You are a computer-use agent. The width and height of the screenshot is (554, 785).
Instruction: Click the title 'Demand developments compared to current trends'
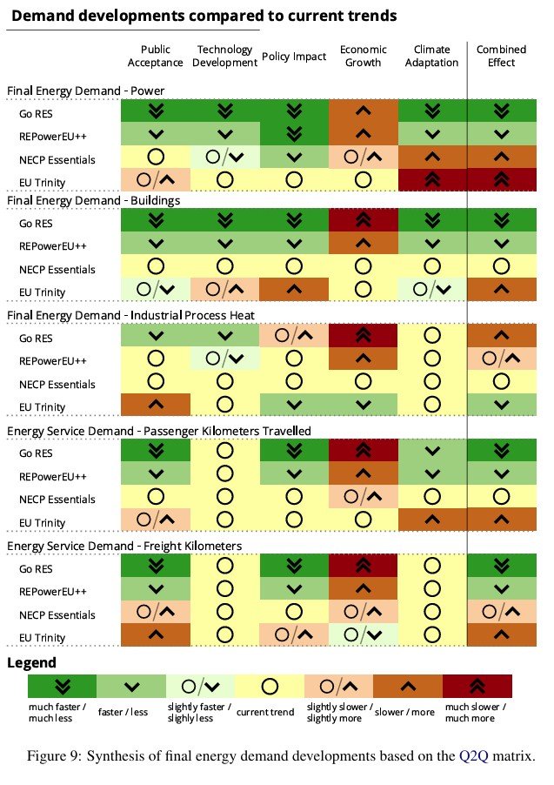204,16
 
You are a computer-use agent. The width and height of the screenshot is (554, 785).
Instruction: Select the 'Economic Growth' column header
364,56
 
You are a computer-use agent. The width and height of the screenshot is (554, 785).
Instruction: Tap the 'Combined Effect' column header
501,56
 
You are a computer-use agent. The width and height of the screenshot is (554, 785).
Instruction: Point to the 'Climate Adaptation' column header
433,56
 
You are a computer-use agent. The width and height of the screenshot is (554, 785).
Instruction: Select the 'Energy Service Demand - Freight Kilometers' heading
124,546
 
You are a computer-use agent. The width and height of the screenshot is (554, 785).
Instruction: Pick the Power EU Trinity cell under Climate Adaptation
433,182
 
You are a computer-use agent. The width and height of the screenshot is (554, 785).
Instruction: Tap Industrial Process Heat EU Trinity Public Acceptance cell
156,406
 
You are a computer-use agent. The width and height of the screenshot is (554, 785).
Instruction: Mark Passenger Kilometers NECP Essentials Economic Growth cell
364,500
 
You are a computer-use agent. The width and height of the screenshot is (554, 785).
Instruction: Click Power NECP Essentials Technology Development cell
225,159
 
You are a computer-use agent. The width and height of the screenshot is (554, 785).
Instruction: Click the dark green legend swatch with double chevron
62,686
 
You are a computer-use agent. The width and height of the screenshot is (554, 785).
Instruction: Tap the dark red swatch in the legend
477,686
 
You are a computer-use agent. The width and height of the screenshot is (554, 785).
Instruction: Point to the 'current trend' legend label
265,713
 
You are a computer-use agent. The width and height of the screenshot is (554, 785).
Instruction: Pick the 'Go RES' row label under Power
36,113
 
